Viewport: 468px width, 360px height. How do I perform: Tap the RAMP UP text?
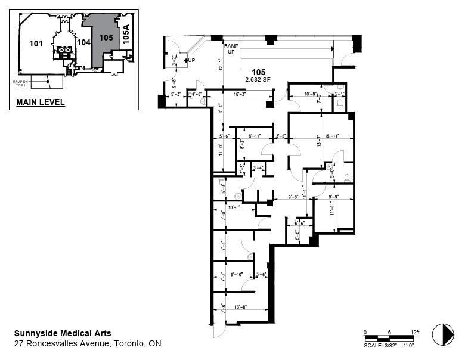point(231,49)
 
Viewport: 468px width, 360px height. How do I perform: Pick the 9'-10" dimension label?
point(237,274)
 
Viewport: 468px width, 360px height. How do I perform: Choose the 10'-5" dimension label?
point(233,207)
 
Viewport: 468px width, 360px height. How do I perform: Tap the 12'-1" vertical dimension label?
point(220,64)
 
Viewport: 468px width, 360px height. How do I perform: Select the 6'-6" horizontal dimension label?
point(299,223)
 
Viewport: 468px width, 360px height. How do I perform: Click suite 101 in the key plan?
point(36,43)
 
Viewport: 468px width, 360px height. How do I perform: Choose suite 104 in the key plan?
point(84,42)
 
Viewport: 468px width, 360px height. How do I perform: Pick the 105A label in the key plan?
point(125,34)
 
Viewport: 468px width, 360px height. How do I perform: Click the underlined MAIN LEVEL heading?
point(40,103)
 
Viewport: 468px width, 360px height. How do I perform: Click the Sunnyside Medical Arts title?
point(63,333)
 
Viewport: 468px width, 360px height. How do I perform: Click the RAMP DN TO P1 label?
point(21,83)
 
